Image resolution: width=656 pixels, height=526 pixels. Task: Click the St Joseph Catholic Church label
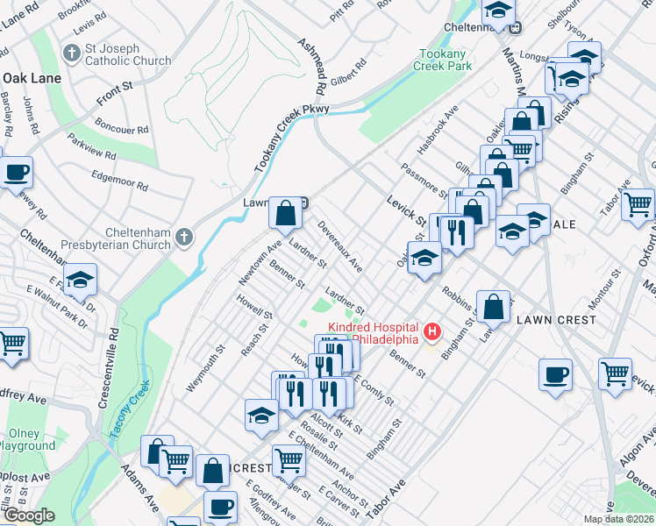pyautogui.click(x=128, y=54)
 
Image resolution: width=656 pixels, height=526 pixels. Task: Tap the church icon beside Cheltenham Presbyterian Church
pyautogui.click(x=183, y=237)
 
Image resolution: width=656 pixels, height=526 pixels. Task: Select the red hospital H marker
pyautogui.click(x=431, y=331)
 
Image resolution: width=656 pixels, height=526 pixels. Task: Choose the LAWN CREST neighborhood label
pyautogui.click(x=558, y=320)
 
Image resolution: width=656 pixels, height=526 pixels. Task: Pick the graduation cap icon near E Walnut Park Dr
pyautogui.click(x=80, y=280)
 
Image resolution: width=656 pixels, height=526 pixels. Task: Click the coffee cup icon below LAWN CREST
pyautogui.click(x=556, y=374)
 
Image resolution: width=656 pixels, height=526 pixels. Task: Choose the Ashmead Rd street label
pyautogui.click(x=311, y=67)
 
